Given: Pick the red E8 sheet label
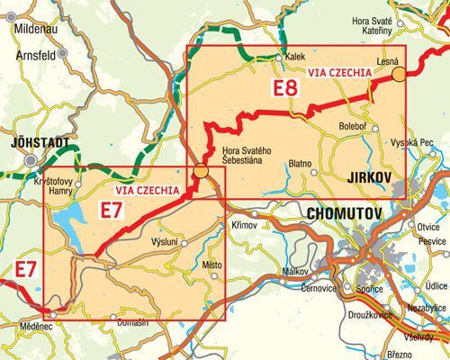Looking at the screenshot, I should click(286, 88).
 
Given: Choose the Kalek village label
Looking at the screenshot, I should click(295, 53).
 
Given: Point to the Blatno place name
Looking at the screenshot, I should click(300, 164).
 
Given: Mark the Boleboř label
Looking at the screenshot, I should click(354, 126).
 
